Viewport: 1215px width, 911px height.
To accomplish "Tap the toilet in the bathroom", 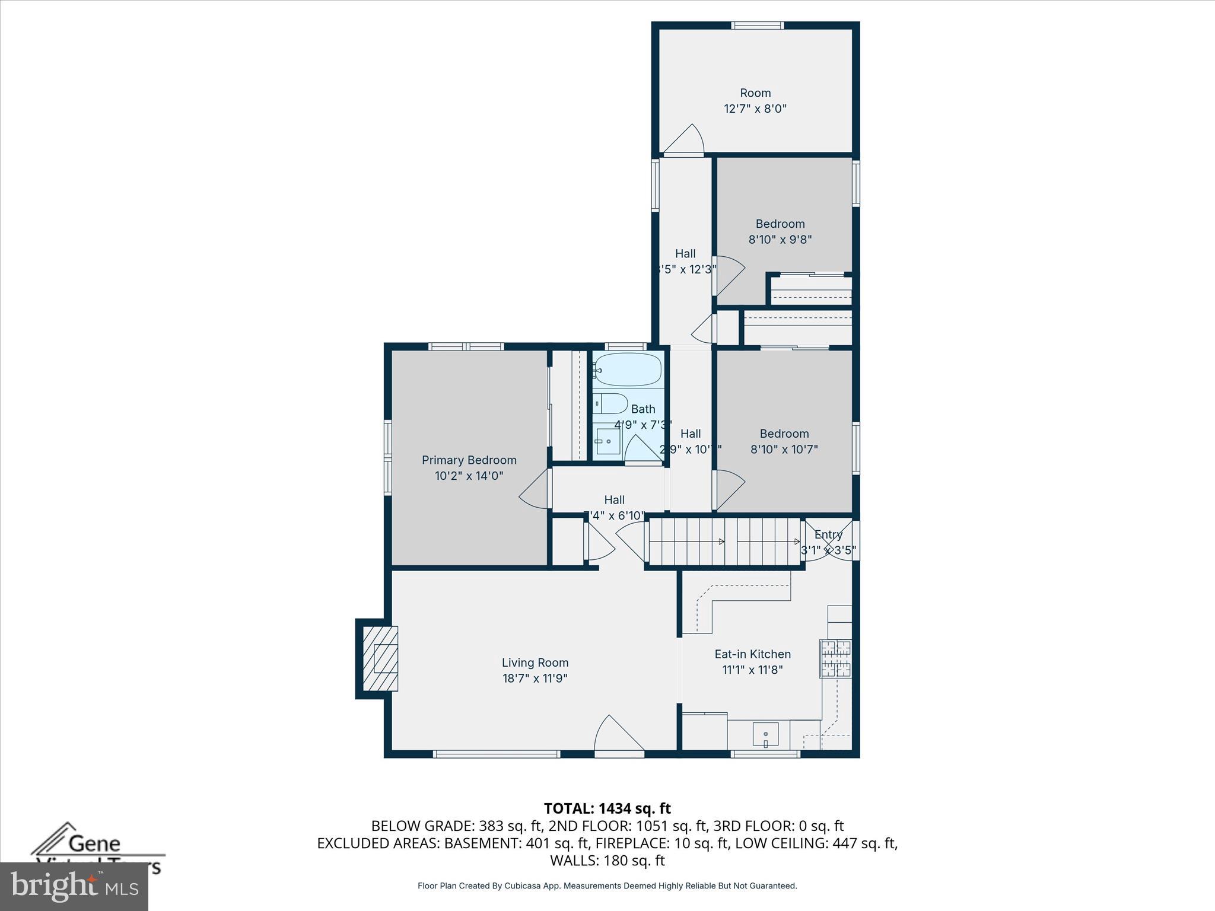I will click(610, 404).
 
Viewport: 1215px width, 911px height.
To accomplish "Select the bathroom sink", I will click(607, 441).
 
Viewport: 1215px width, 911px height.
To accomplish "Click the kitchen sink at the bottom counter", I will click(765, 734).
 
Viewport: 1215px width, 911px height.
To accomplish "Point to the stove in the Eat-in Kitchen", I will click(835, 658).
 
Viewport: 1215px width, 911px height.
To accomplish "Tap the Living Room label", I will click(535, 662).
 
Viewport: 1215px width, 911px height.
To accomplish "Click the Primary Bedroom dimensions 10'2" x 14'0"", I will click(469, 476).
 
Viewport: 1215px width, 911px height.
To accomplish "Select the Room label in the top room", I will click(755, 93).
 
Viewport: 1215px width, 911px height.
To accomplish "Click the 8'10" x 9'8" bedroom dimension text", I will click(780, 240).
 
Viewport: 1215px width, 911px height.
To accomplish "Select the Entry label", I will click(828, 534).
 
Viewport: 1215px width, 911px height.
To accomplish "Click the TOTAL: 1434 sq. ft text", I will click(607, 808).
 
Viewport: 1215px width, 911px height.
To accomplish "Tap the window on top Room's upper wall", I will click(757, 26).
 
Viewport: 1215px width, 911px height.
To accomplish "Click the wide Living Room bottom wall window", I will click(496, 754).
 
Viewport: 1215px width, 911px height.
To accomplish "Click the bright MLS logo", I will click(74, 886).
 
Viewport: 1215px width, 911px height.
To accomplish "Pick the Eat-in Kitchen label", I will click(752, 654).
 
